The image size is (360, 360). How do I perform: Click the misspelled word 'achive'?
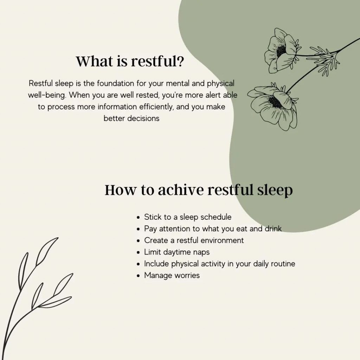(180, 190)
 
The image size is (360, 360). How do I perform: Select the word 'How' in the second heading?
(120, 190)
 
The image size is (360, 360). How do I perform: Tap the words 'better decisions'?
(131, 118)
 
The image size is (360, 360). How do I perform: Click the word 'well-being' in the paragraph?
(46, 95)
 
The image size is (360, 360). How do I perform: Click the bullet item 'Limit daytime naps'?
(177, 252)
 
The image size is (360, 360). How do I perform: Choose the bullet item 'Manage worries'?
(172, 275)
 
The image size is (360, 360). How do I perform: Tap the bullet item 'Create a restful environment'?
(194, 240)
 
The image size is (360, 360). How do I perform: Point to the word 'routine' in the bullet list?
(282, 264)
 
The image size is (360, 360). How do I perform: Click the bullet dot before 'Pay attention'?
(139, 229)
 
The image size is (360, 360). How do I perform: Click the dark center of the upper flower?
(281, 51)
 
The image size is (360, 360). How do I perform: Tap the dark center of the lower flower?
(275, 102)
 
